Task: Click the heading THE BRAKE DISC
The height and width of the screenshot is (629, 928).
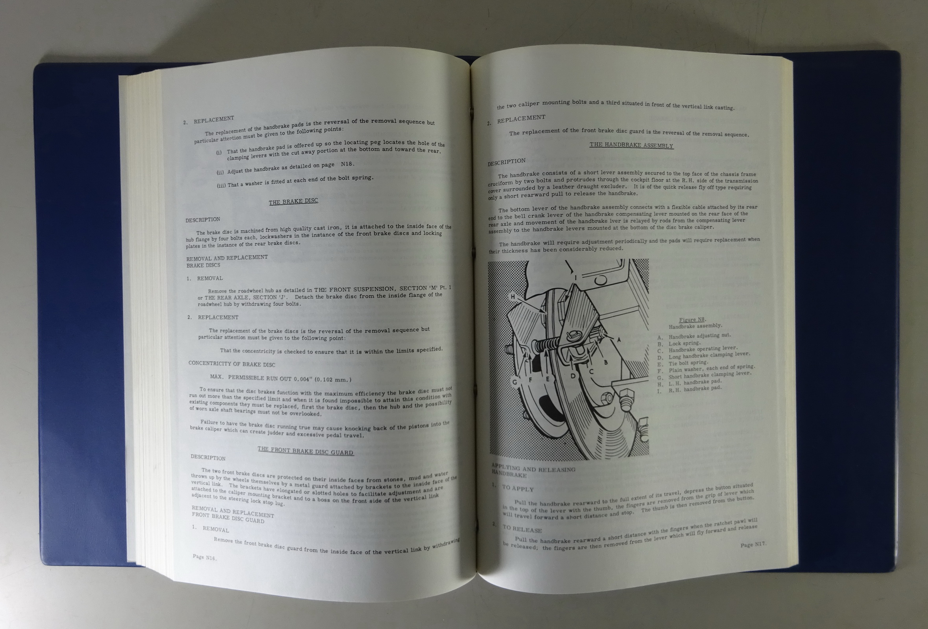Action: pyautogui.click(x=293, y=201)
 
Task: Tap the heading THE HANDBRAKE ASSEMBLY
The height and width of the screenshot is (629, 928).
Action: pyautogui.click(x=631, y=145)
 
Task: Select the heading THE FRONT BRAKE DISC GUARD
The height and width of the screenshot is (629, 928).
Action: pyautogui.click(x=306, y=451)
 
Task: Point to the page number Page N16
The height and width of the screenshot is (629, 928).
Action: pyautogui.click(x=205, y=557)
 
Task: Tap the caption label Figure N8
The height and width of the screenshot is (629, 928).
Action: pyautogui.click(x=692, y=319)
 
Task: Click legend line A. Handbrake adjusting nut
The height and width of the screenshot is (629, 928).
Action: pyautogui.click(x=694, y=336)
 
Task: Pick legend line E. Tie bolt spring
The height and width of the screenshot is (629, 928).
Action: pyautogui.click(x=683, y=363)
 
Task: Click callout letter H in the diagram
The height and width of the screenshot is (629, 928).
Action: pyautogui.click(x=513, y=296)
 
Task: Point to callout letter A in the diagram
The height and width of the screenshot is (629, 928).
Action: pyautogui.click(x=618, y=340)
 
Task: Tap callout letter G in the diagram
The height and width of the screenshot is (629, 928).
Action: pyautogui.click(x=515, y=382)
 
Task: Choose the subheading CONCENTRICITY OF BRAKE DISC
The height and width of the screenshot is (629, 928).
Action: pyautogui.click(x=232, y=364)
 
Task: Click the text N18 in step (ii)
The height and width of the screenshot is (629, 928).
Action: pyautogui.click(x=347, y=164)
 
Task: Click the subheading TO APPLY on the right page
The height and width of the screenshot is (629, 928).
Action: pyautogui.click(x=518, y=488)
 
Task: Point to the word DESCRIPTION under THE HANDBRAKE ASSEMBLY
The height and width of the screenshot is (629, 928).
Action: pyautogui.click(x=506, y=162)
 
